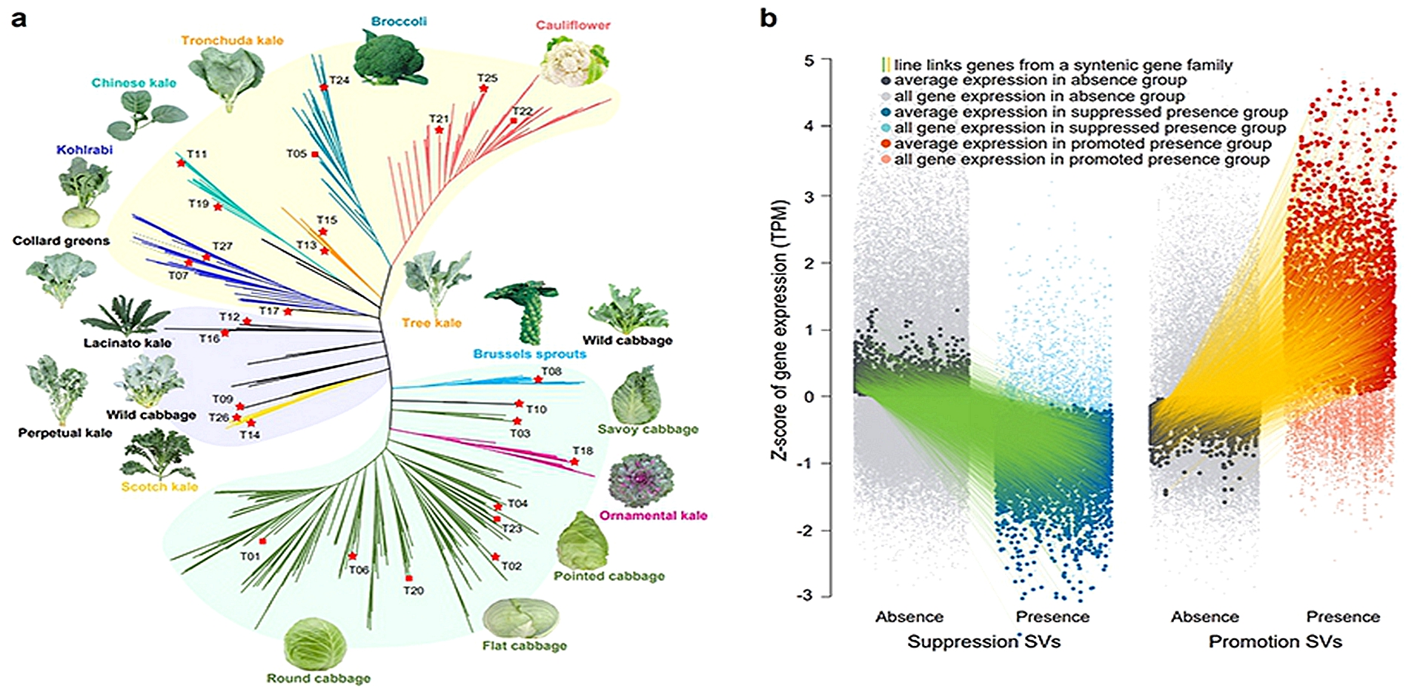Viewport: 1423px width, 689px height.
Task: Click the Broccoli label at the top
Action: pos(399,21)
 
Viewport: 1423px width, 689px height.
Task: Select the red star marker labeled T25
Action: pos(484,89)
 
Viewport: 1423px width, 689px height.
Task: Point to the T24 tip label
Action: pos(339,80)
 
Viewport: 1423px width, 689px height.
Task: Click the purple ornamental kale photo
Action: pos(641,481)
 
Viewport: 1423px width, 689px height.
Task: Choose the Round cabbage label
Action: pos(319,678)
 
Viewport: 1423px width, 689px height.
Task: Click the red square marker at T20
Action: pos(408,578)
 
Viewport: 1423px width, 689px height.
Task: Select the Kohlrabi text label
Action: pos(84,150)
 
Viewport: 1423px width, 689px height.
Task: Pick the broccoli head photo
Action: pos(391,59)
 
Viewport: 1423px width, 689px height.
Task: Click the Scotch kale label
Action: pos(159,487)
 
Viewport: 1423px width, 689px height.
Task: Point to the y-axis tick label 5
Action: pos(809,61)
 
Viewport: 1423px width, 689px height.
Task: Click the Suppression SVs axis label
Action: pos(984,642)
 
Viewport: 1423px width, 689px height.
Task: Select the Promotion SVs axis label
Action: pos(1276,642)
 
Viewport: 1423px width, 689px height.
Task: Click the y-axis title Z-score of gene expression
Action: pos(780,330)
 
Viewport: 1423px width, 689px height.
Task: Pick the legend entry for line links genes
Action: pos(1056,65)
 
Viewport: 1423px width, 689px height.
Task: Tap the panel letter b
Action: pos(769,18)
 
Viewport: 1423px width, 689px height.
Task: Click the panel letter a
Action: pos(19,19)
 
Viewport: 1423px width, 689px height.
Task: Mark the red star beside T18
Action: pos(574,462)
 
